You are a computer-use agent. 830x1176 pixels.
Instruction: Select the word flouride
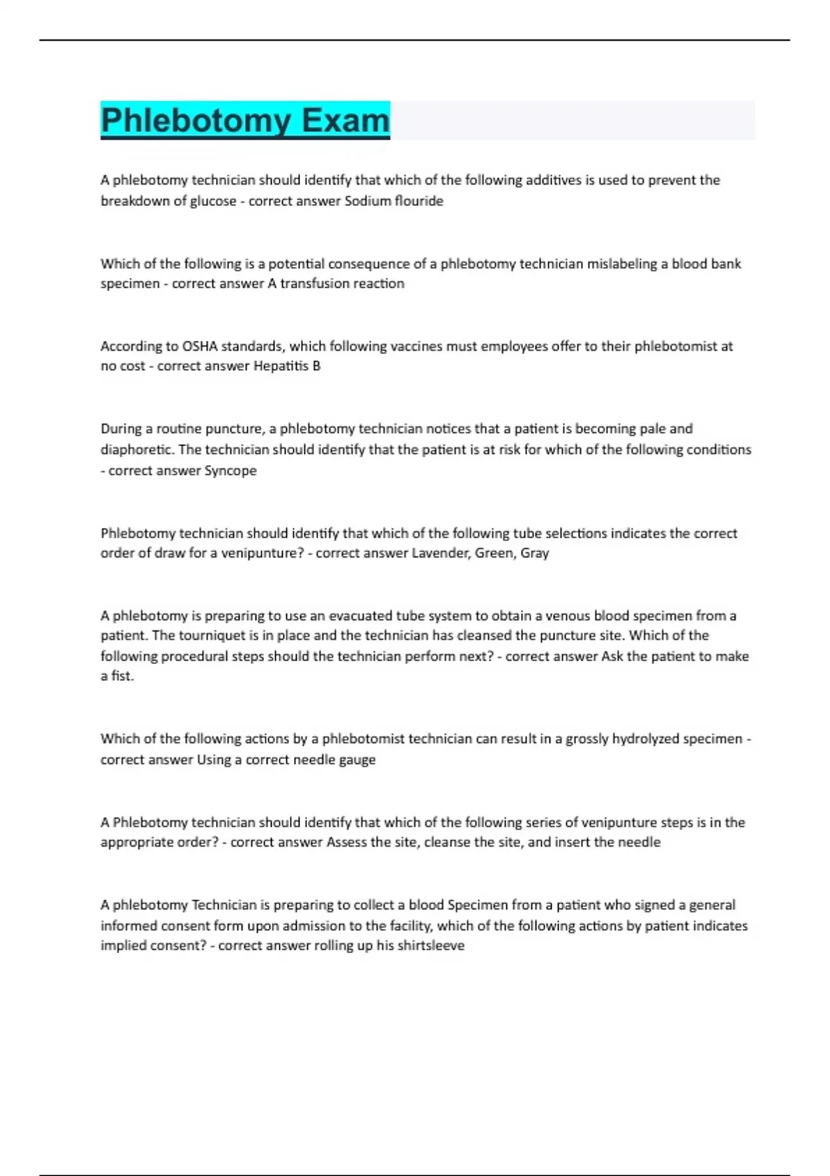click(x=418, y=201)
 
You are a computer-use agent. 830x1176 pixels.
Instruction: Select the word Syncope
click(x=230, y=470)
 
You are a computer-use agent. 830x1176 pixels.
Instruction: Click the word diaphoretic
click(x=137, y=450)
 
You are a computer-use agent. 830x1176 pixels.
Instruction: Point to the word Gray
click(x=534, y=553)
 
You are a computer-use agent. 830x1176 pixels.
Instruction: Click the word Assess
click(x=347, y=842)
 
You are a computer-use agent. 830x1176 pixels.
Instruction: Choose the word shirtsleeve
click(x=429, y=945)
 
